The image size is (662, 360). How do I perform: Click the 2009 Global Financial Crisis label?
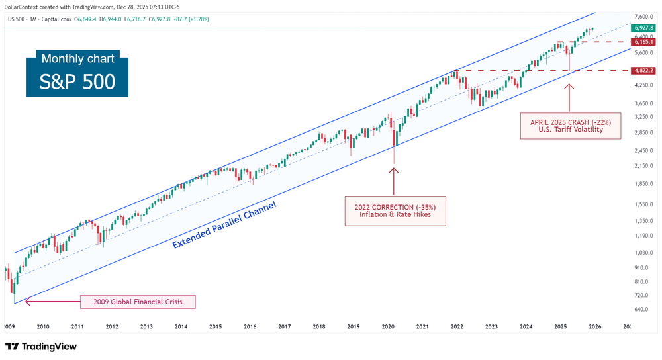(x=138, y=302)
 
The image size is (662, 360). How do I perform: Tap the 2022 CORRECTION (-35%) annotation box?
(x=395, y=210)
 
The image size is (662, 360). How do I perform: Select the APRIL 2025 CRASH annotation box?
(x=570, y=125)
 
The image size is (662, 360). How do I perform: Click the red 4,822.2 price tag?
(x=643, y=71)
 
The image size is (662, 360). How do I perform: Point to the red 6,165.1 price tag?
(x=643, y=42)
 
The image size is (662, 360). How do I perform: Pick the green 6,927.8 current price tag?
(x=643, y=28)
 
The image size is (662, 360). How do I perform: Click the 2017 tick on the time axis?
(x=285, y=326)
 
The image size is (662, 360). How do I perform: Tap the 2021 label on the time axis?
(x=422, y=326)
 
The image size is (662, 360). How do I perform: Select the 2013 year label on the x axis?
(x=146, y=326)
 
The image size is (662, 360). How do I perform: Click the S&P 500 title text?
(x=77, y=82)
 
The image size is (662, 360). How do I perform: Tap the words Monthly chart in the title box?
(x=77, y=58)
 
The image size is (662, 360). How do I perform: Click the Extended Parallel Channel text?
(x=224, y=225)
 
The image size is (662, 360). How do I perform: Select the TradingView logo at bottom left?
(x=41, y=347)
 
